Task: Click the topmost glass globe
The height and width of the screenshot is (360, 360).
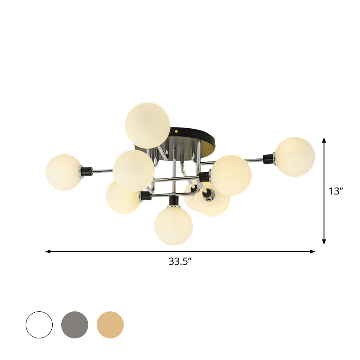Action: tap(148, 125)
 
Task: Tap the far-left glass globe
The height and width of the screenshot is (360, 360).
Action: tap(63, 172)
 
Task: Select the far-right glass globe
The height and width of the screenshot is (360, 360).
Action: tap(295, 157)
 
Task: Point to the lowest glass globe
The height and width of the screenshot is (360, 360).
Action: tap(173, 225)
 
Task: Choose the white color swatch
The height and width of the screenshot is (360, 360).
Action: tap(39, 324)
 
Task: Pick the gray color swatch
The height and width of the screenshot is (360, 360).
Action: tap(75, 324)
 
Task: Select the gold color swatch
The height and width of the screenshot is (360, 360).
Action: tap(110, 324)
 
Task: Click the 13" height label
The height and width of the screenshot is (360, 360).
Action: tap(336, 191)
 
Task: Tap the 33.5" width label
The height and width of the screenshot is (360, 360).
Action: tap(180, 261)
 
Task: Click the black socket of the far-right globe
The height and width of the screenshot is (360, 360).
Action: tap(269, 158)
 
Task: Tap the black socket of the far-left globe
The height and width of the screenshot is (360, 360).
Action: tap(86, 171)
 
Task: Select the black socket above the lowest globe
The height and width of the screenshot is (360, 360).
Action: tap(173, 200)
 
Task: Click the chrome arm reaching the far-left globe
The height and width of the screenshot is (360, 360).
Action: tap(103, 171)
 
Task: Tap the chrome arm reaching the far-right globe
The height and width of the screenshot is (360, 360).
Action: tap(256, 159)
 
